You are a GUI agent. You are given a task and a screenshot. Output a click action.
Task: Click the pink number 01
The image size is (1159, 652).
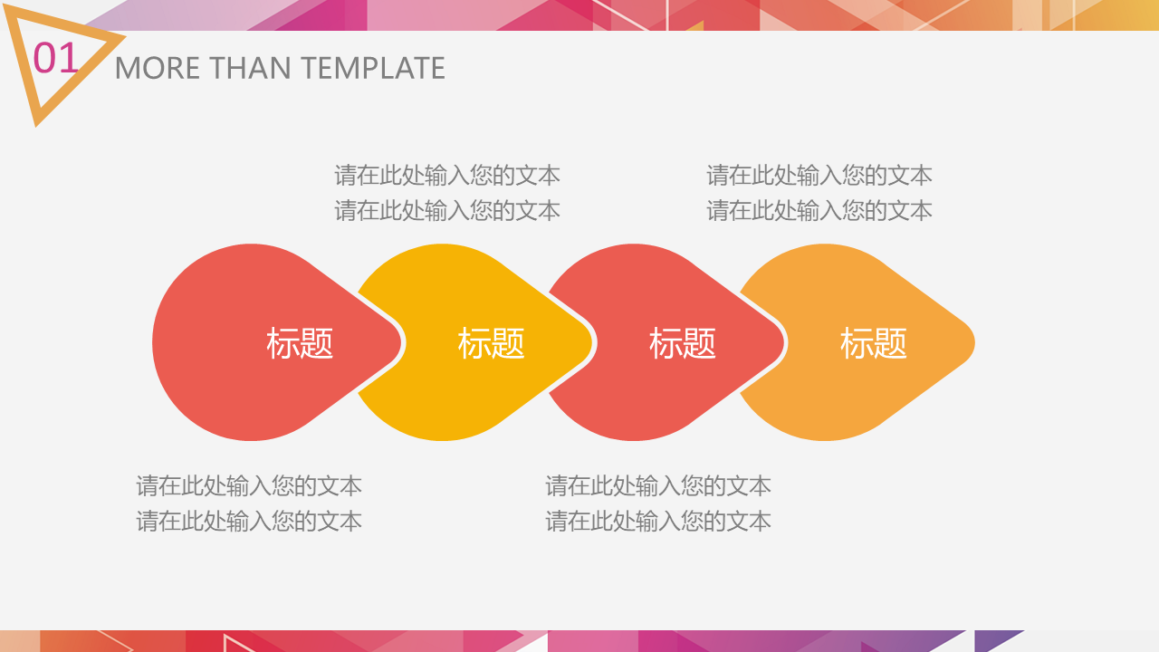55,58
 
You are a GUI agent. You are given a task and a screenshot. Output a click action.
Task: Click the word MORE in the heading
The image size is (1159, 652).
158,68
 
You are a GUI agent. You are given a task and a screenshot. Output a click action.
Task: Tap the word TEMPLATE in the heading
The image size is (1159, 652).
373,68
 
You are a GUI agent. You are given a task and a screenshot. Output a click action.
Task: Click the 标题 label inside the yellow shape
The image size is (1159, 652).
491,343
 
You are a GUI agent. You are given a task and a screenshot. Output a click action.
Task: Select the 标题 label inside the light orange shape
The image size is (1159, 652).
874,343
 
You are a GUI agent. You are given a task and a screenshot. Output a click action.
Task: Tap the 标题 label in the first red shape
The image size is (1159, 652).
300,343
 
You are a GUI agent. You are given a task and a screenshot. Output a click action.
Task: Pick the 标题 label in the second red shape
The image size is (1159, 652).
683,343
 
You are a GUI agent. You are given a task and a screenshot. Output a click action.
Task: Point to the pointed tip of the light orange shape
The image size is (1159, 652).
974,342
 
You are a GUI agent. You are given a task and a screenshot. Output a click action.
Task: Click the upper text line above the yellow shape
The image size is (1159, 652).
447,176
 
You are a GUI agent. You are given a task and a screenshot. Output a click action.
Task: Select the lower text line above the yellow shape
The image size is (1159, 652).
447,211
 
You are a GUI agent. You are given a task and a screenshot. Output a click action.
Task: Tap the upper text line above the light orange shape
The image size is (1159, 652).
819,176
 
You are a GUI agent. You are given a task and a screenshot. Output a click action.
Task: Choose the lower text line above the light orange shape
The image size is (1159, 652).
819,211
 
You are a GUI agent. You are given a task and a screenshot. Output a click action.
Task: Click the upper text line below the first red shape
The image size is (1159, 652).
249,486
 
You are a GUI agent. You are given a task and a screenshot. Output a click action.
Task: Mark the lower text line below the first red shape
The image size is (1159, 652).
249,521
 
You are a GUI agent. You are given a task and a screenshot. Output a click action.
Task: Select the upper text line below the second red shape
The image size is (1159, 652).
658,486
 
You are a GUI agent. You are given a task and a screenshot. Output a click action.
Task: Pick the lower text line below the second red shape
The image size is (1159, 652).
658,521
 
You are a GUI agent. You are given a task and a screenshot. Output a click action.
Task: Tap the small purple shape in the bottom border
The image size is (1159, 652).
994,640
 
